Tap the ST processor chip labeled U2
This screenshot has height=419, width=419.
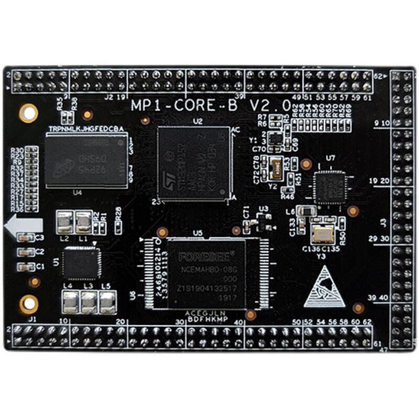click(x=194, y=162)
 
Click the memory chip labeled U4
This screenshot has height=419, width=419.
click(x=86, y=160)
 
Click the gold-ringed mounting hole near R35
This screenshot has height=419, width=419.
click(x=28, y=112)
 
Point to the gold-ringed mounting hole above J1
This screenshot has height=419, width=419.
click(x=28, y=303)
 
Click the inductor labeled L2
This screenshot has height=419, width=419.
click(x=65, y=223)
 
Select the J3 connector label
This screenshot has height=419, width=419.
click(x=383, y=222)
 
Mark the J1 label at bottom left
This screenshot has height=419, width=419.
click(x=32, y=318)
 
